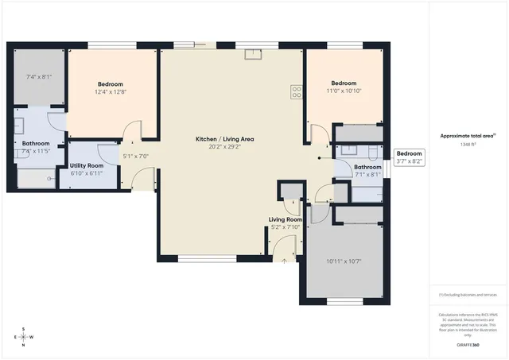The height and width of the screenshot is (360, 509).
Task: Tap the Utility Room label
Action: tap(87, 165)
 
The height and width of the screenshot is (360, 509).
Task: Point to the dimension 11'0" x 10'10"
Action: tap(344, 91)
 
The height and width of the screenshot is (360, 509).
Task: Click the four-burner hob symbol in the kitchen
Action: tap(296, 91)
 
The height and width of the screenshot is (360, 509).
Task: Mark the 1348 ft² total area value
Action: tap(469, 145)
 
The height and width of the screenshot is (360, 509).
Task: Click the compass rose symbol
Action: tap(23, 336)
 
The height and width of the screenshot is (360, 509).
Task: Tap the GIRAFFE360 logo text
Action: tap(469, 345)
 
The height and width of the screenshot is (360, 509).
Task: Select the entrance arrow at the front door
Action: tap(284, 261)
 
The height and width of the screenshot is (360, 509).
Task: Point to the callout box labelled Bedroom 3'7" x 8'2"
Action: tap(409, 157)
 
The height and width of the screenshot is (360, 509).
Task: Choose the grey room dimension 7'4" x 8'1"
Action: tap(38, 77)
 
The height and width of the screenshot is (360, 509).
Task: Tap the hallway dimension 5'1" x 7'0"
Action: tap(136, 156)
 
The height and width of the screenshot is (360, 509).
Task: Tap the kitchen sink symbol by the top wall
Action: tap(254, 53)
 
